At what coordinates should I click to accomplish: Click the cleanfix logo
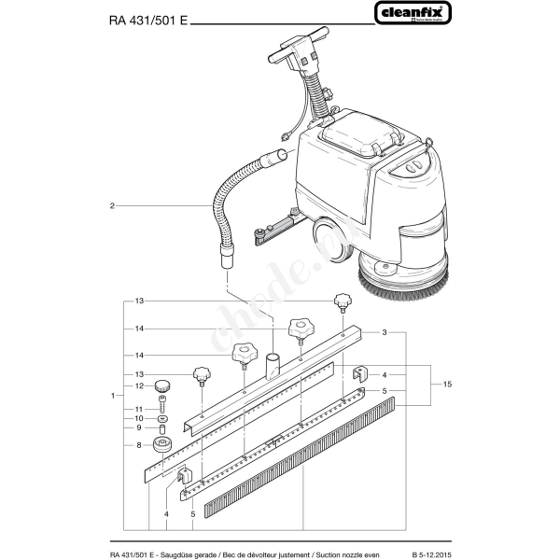tap(413, 12)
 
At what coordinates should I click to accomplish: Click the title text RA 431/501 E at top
tap(148, 21)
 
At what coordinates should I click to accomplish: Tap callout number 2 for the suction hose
tap(112, 205)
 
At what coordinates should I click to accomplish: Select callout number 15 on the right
tap(447, 385)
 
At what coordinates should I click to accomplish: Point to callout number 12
tap(139, 386)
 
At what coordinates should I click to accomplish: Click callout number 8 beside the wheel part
tap(139, 445)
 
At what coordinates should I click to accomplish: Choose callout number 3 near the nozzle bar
tap(385, 332)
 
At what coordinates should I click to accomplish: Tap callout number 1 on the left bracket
tap(113, 396)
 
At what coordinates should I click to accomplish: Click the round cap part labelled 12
tap(162, 386)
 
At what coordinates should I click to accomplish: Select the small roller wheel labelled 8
tap(162, 445)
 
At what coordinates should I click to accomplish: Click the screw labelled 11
tap(162, 404)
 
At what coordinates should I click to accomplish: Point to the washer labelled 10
tap(162, 418)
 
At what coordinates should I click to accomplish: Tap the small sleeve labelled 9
tap(162, 429)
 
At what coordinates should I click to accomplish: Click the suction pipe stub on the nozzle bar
tap(273, 366)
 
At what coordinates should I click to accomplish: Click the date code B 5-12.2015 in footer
tap(431, 555)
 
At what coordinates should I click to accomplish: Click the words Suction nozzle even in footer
tap(347, 555)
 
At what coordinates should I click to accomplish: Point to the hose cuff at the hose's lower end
tap(227, 255)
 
